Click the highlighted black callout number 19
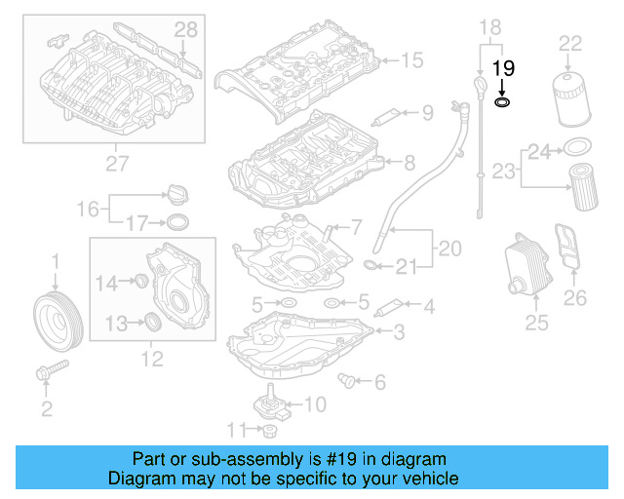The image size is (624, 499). tap(503, 68)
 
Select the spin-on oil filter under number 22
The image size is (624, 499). tap(571, 98)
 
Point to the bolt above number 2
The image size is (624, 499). tap(52, 369)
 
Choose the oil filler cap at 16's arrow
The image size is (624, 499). tap(177, 195)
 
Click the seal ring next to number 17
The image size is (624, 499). tap(177, 222)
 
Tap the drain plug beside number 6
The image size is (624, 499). tap(346, 380)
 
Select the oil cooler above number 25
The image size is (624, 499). tap(527, 265)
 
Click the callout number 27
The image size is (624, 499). tap(117, 164)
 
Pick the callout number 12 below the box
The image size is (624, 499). tap(152, 359)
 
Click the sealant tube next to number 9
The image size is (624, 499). tap(386, 118)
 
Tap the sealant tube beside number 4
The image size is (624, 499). tap(389, 308)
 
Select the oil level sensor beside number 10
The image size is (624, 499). tap(269, 403)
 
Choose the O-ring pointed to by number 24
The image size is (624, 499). tap(578, 147)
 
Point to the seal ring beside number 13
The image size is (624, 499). tap(153, 322)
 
